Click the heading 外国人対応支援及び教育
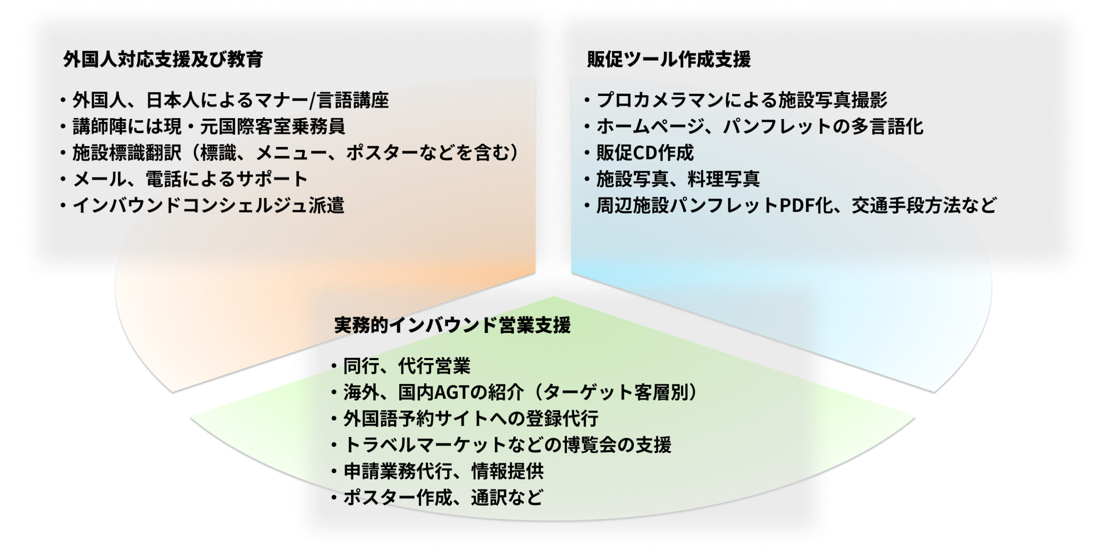[x=163, y=60]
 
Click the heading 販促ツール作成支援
[x=669, y=60]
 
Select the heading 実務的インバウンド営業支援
[x=452, y=325]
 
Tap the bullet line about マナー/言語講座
[x=225, y=100]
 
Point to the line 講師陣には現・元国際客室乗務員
[x=203, y=127]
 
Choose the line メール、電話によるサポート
[x=184, y=179]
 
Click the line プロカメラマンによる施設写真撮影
[x=736, y=100]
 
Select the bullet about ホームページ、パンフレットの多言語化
[x=754, y=127]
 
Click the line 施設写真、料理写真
[x=672, y=179]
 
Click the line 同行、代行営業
[x=400, y=366]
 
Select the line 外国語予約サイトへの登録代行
[x=464, y=419]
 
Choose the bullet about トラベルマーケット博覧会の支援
[x=501, y=445]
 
